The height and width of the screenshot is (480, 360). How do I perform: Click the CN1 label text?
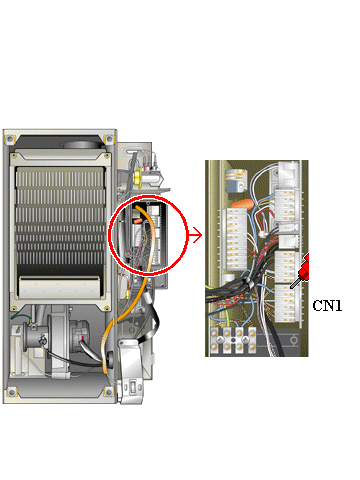[327, 305]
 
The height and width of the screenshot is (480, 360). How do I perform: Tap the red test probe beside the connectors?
[302, 272]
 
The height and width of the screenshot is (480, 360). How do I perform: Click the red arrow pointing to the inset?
[195, 235]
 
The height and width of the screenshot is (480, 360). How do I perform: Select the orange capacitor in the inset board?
[242, 203]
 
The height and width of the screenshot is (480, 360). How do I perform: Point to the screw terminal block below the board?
[233, 340]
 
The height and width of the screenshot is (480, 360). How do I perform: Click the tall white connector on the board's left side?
[237, 239]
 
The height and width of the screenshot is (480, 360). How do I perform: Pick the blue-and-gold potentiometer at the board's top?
[236, 180]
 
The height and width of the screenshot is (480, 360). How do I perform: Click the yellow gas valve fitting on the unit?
[137, 176]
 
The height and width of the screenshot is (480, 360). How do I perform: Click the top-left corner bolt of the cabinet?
[10, 139]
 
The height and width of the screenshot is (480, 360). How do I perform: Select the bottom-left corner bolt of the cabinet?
[11, 392]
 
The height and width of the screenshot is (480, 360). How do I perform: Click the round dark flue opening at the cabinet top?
[81, 145]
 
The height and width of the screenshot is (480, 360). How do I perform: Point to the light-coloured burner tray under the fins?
[59, 287]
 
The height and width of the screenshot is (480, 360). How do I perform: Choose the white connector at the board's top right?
[286, 172]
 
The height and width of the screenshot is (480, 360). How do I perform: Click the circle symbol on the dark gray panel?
[294, 340]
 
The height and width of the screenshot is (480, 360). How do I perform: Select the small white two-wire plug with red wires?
[263, 234]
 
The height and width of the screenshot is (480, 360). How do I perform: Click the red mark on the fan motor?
[83, 338]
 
